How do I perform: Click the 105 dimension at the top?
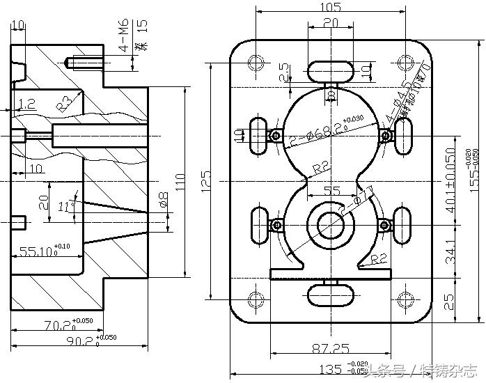[331, 8]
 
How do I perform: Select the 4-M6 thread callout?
[123, 40]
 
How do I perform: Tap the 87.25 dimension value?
[331, 348]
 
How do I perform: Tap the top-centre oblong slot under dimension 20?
[330, 71]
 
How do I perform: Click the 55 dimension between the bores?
[332, 190]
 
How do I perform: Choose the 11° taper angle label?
[65, 206]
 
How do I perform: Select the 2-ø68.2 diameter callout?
[323, 132]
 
